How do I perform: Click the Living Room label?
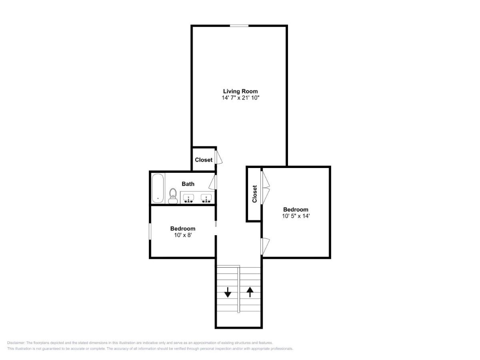[x=240, y=91]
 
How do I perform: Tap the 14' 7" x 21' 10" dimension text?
[x=240, y=98]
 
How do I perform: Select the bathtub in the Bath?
[x=158, y=188]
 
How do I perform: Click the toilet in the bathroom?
[x=173, y=196]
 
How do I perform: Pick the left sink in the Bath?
[x=188, y=198]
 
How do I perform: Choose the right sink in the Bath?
[x=206, y=198]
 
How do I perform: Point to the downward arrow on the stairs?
[x=228, y=292]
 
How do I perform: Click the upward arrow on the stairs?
[x=250, y=292]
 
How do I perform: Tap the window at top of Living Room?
[x=239, y=26]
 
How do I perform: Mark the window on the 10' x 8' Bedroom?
[x=150, y=231]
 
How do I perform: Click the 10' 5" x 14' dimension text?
[x=296, y=216]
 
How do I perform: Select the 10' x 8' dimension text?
[x=183, y=235]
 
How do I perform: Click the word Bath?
[x=188, y=184]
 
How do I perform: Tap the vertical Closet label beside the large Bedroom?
[x=254, y=194]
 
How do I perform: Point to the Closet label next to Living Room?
[x=204, y=160]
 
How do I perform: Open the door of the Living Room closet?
[x=218, y=157]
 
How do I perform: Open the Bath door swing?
[x=213, y=182]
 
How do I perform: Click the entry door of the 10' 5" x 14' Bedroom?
[x=265, y=246]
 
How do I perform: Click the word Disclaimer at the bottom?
[x=16, y=343]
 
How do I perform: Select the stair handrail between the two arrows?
[x=238, y=289]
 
